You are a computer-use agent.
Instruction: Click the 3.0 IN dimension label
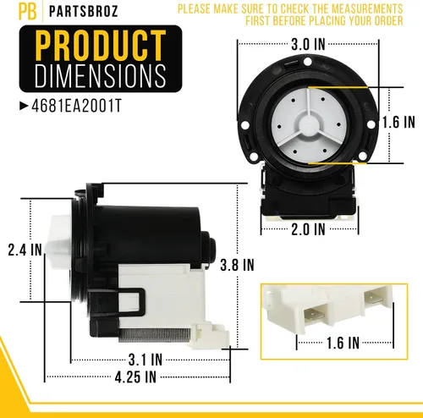point(308,44)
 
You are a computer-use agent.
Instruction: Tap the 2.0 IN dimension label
point(308,229)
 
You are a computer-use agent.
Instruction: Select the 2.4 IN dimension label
point(25,250)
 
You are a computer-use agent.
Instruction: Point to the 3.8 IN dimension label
point(237,265)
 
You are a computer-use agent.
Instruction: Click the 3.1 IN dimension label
point(146,360)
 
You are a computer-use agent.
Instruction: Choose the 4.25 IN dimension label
point(135,377)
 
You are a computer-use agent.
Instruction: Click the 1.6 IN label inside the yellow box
point(343,343)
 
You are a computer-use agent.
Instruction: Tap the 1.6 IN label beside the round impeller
point(398,122)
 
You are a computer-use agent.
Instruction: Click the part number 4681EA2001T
point(76,106)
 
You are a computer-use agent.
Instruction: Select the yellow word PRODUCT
point(101,46)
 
